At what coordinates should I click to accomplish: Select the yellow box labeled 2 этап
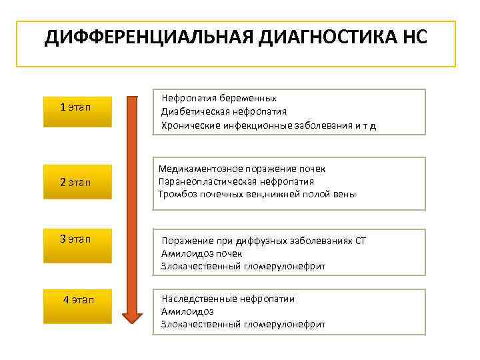click(77, 181)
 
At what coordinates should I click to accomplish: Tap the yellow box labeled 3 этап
click(77, 239)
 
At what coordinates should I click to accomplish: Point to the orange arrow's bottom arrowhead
click(133, 313)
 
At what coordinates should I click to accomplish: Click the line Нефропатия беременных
click(219, 98)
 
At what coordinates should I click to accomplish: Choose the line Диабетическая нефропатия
click(224, 111)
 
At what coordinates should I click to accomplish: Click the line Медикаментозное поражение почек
click(242, 169)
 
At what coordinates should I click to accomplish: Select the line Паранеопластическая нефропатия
click(236, 181)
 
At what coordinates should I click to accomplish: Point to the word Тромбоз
click(177, 194)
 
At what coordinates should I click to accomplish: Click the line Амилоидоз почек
click(201, 253)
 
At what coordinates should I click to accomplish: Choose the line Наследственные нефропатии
click(227, 299)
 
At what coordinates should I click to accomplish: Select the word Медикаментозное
click(200, 169)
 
